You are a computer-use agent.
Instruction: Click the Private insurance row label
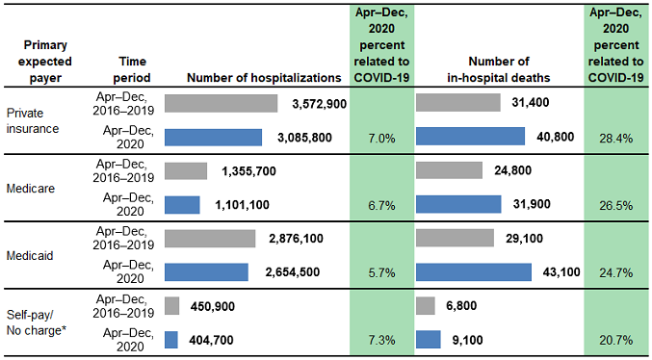pos(33,120)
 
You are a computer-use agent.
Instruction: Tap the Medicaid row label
pos(30,255)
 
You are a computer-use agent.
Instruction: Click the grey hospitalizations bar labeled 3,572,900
pos(221,103)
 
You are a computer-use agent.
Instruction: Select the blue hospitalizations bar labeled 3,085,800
pos(213,138)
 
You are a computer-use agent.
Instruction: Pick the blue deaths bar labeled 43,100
pos(473,272)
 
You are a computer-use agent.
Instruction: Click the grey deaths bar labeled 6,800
pos(429,305)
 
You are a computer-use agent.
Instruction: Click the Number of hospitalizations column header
pos(263,77)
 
